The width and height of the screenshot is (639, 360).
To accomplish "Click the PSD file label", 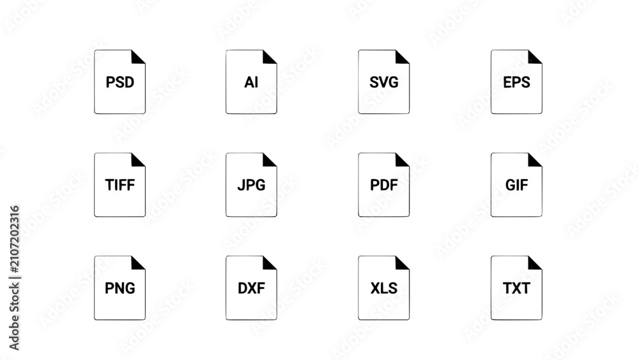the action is [x=120, y=82].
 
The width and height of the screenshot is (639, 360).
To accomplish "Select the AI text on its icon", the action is [x=251, y=82].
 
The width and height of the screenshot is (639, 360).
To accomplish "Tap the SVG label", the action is [x=384, y=82].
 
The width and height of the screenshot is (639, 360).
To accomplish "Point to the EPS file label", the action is [x=516, y=82].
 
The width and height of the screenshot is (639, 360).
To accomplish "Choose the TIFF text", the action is [x=120, y=185].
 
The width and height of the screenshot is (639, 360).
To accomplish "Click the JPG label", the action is [x=251, y=185].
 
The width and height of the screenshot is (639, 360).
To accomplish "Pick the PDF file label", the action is [x=384, y=185].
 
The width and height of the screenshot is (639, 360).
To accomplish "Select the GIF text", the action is [x=516, y=185].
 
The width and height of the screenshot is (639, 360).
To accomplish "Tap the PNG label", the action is [x=120, y=288].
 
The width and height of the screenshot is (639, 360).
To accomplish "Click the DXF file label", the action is [x=251, y=288].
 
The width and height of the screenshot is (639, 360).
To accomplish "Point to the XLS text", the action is [x=384, y=288].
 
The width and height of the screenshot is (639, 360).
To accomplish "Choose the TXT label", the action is [x=516, y=288].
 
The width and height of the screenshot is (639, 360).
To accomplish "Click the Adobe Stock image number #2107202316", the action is [x=15, y=239].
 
